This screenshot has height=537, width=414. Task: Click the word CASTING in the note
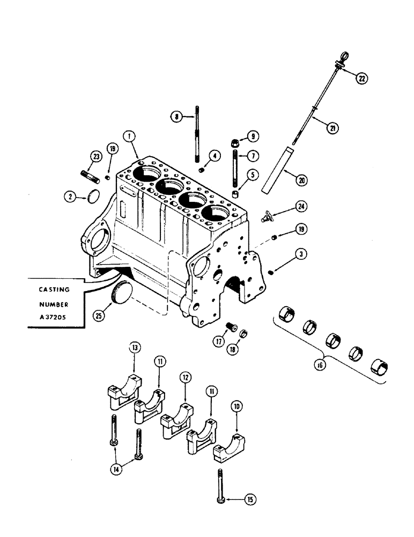tap(54, 288)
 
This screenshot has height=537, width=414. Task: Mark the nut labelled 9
tap(236, 143)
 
